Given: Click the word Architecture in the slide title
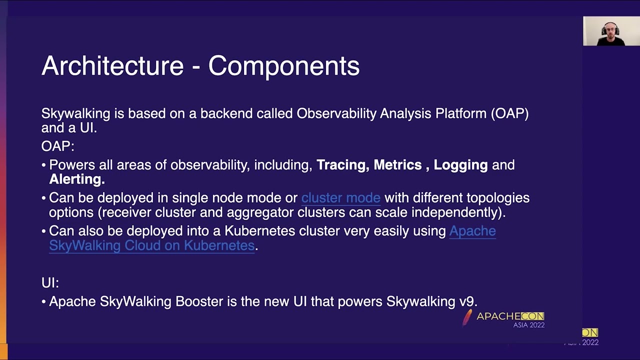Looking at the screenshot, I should (112, 66).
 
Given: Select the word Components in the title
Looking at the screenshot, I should (283, 66).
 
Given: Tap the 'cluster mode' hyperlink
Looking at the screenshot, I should (340, 198).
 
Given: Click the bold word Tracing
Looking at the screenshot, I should (342, 165).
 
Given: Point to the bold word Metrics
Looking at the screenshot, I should (397, 165).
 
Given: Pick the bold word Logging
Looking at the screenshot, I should (460, 165).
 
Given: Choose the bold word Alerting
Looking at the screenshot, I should (76, 179).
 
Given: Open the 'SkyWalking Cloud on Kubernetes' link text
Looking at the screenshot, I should (151, 245).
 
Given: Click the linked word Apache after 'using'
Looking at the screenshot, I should (472, 231).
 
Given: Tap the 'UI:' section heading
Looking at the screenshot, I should (50, 282).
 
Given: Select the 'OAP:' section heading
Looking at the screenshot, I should (57, 146).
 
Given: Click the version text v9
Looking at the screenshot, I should (467, 301).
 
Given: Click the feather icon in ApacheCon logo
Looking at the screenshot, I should (467, 317).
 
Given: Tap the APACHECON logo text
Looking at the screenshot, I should (510, 316).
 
